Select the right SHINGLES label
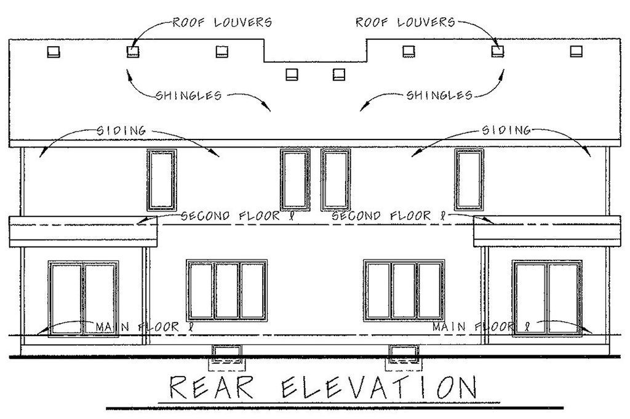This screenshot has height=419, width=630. [x=439, y=95]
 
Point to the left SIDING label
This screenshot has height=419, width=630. [x=122, y=130]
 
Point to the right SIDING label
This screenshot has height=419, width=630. [x=506, y=130]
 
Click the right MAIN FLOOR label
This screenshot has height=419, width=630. [x=480, y=327]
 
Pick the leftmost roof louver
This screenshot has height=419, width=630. [x=54, y=52]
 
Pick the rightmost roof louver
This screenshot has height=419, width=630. [x=576, y=52]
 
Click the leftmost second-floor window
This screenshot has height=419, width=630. [x=162, y=179]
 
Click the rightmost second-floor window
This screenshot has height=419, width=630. [x=469, y=179]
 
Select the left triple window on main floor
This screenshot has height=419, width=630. [x=227, y=291]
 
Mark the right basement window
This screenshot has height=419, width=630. [x=403, y=353]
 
